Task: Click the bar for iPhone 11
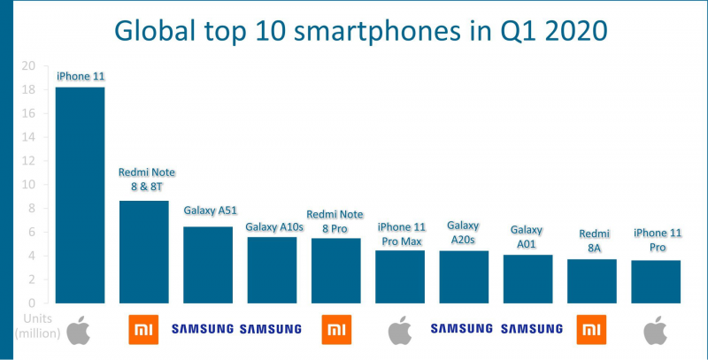pyautogui.click(x=80, y=195)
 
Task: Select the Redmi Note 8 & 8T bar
pyautogui.click(x=143, y=252)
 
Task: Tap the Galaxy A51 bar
pyautogui.click(x=207, y=264)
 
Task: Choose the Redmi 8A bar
pyautogui.click(x=591, y=280)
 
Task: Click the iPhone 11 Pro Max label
pyautogui.click(x=400, y=234)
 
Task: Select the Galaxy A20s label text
pyautogui.click(x=464, y=234)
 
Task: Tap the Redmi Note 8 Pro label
pyautogui.click(x=335, y=220)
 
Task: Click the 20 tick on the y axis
pyautogui.click(x=29, y=66)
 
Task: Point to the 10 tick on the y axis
pyautogui.click(x=29, y=185)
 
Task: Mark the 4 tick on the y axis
pyautogui.click(x=31, y=256)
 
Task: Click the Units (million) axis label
pyautogui.click(x=33, y=326)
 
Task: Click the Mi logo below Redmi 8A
pyautogui.click(x=591, y=328)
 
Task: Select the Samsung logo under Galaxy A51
pyautogui.click(x=203, y=329)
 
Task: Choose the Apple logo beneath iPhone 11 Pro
pyautogui.click(x=655, y=329)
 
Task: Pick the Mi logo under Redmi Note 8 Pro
pyautogui.click(x=335, y=328)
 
